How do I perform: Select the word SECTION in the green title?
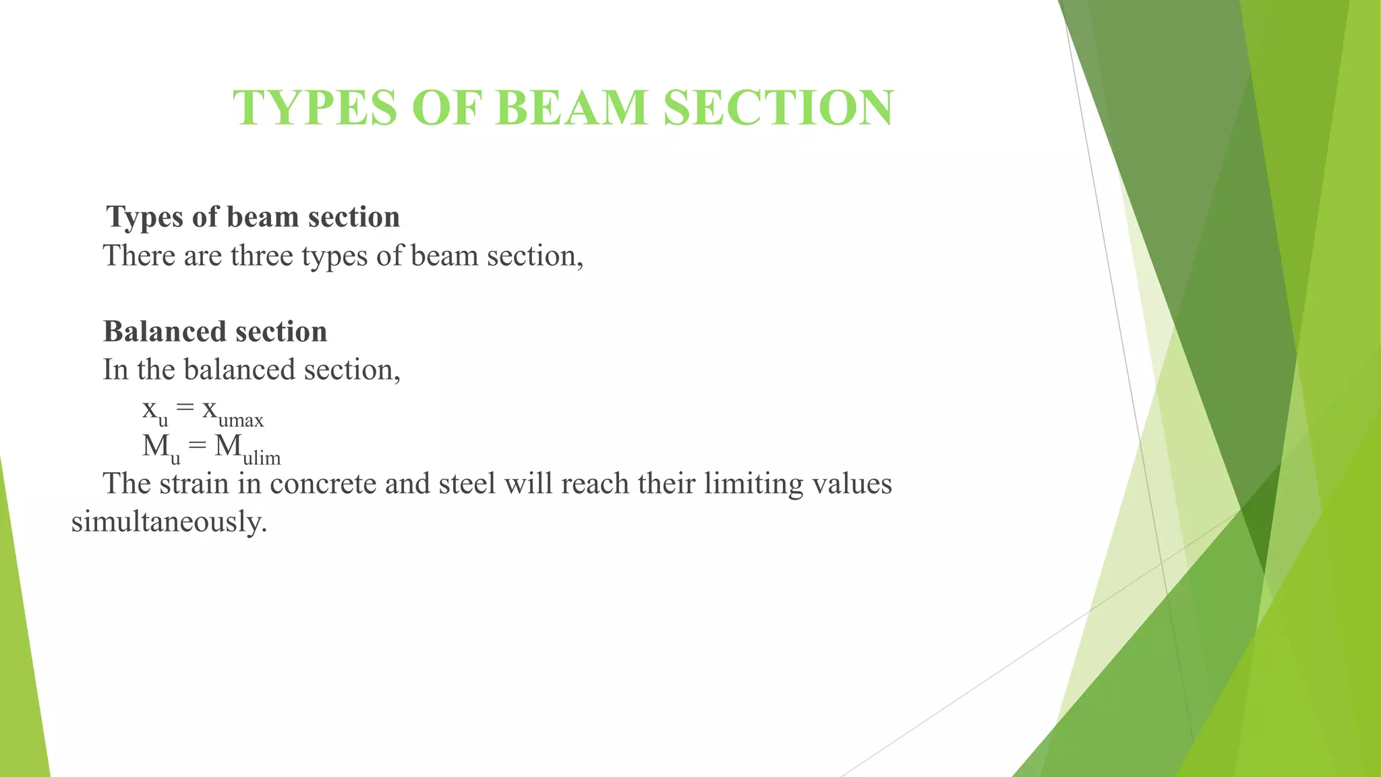[x=778, y=108]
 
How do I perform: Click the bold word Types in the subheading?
[x=145, y=218]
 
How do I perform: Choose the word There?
[x=138, y=256]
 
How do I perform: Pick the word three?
[x=262, y=256]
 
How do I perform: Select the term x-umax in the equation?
[x=233, y=411]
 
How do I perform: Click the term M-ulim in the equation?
[x=247, y=449]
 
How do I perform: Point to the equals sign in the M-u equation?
[x=197, y=446]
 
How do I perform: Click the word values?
[x=852, y=484]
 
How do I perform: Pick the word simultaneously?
[x=169, y=522]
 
